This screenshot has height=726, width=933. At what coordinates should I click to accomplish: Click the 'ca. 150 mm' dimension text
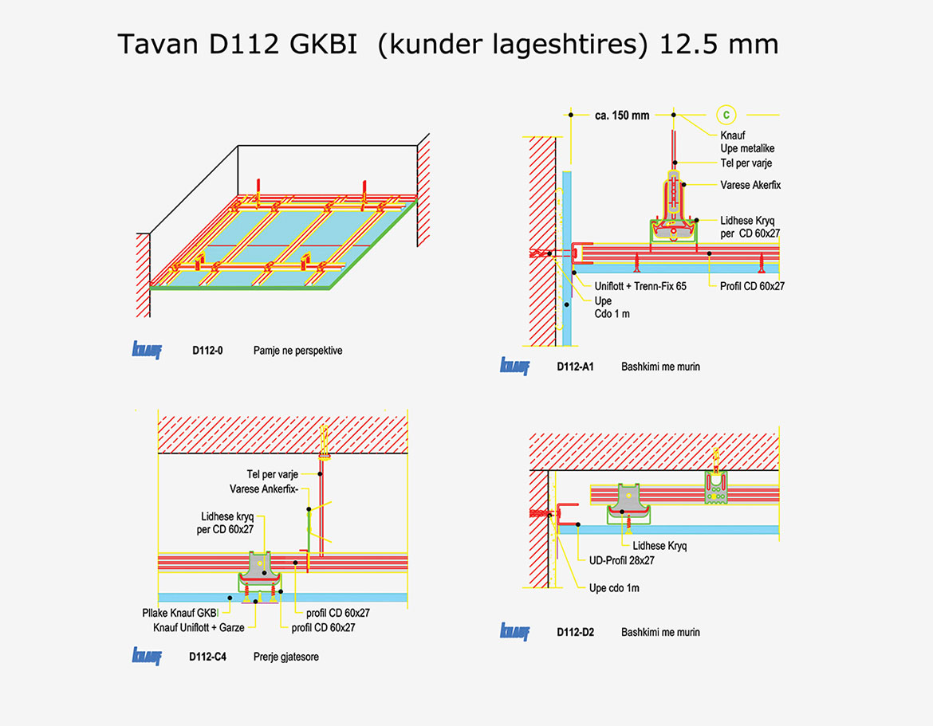click(622, 116)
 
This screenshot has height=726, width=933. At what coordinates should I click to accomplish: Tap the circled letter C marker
click(726, 115)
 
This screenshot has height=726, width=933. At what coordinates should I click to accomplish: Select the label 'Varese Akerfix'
click(750, 185)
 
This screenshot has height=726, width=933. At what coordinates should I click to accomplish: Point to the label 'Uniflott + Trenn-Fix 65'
click(640, 286)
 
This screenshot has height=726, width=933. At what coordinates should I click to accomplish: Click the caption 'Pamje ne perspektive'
click(297, 351)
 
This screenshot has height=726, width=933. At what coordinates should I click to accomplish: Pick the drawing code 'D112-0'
click(207, 351)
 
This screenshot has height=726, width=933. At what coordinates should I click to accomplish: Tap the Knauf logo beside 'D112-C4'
click(147, 657)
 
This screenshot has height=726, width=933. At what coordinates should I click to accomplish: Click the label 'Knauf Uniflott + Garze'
click(199, 627)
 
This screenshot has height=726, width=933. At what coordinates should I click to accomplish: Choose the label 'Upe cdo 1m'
click(614, 588)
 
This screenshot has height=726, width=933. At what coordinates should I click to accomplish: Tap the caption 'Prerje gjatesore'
click(286, 657)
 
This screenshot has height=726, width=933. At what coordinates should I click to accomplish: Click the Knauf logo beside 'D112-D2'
click(514, 632)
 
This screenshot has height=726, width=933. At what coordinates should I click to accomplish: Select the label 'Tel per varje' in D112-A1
click(746, 163)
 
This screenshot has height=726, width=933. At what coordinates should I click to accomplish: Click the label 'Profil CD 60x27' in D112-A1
click(751, 286)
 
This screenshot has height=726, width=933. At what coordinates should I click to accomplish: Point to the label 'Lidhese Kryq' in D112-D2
click(659, 546)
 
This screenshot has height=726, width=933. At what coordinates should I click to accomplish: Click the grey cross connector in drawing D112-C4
click(258, 565)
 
